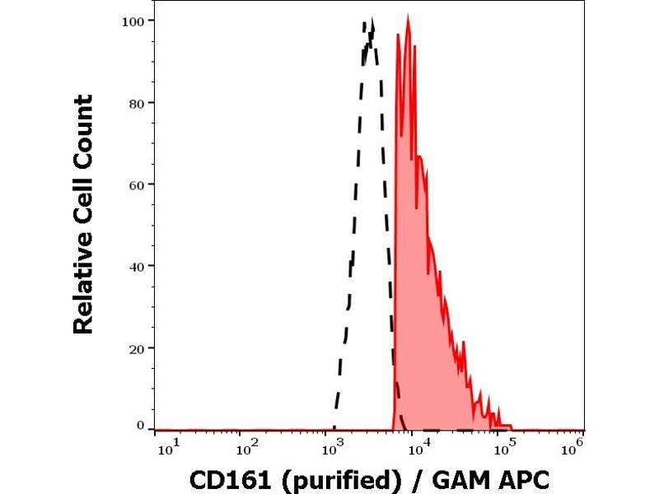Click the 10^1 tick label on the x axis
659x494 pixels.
point(165,448)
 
